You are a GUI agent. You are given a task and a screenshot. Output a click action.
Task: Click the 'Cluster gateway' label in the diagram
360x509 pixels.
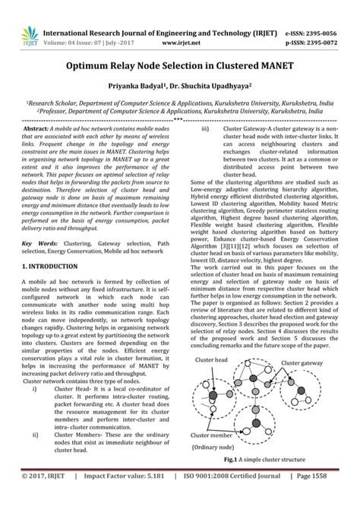coord(304,384)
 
